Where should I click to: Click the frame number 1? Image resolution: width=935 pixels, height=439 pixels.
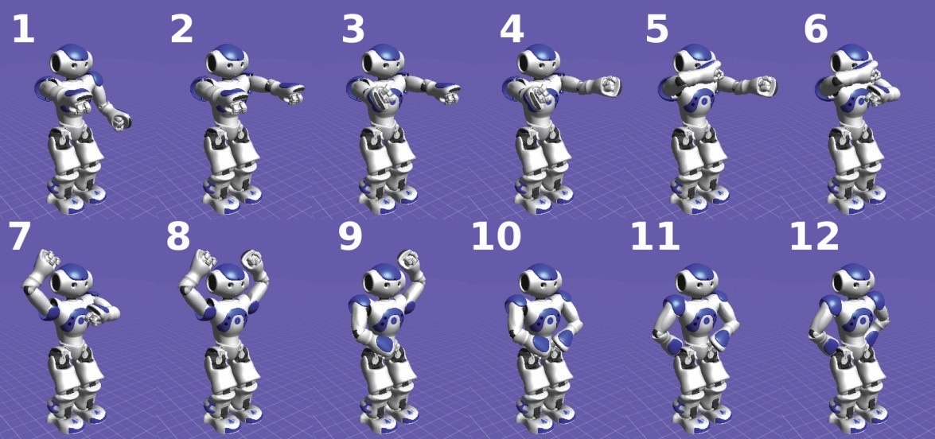[x=22, y=29]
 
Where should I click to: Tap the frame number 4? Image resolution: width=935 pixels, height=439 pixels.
[x=512, y=29]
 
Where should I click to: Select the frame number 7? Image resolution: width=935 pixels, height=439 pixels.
[x=19, y=236]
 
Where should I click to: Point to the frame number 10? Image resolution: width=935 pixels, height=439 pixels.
[x=496, y=236]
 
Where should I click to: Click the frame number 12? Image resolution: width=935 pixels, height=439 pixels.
[x=815, y=236]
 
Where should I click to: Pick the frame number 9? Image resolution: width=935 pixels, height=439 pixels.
[x=351, y=236]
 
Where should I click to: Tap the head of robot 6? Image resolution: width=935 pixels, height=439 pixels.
[x=852, y=59]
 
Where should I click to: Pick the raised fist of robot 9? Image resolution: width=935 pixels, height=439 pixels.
[x=411, y=259]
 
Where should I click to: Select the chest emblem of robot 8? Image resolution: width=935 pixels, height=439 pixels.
[x=235, y=320]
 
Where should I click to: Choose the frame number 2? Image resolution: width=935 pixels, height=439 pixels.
[x=182, y=29]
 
